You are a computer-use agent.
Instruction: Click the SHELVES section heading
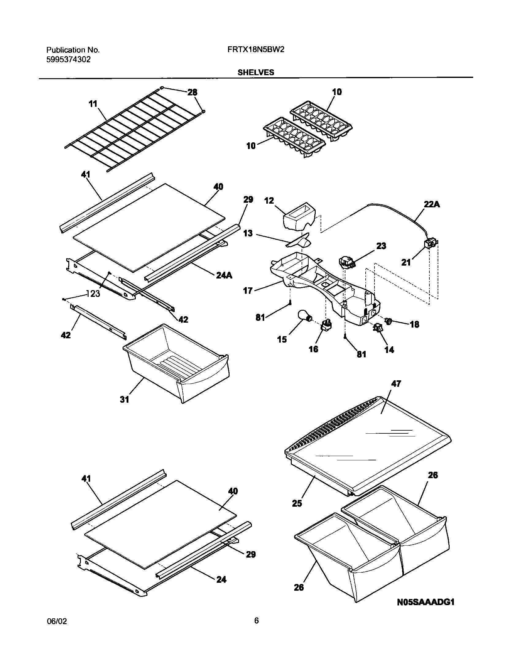[256, 72]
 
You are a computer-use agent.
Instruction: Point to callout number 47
[396, 384]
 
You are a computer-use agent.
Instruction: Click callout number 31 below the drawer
[124, 400]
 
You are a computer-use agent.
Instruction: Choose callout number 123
[93, 294]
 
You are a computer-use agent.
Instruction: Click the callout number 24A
[224, 275]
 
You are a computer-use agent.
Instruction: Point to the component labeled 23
[345, 263]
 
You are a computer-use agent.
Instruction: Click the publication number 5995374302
[68, 60]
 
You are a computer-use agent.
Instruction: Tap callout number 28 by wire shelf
[192, 92]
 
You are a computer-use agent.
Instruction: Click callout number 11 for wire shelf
[93, 104]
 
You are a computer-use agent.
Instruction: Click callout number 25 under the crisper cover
[297, 503]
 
